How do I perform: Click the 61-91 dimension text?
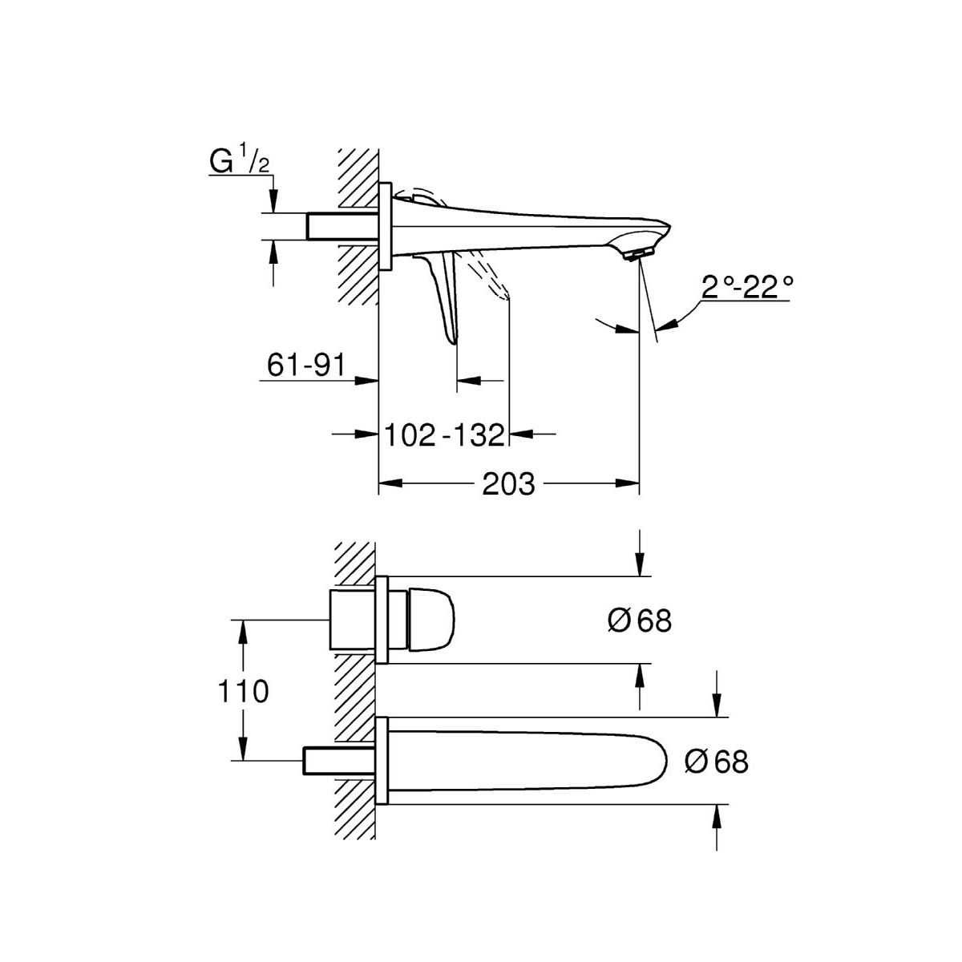pyautogui.click(x=305, y=366)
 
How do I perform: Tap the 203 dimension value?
pyautogui.click(x=508, y=483)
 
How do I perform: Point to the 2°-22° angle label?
pyautogui.click(x=746, y=287)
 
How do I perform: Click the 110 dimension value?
pyautogui.click(x=243, y=691)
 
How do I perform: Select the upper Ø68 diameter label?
pyautogui.click(x=640, y=621)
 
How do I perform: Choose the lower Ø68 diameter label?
pyautogui.click(x=717, y=762)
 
